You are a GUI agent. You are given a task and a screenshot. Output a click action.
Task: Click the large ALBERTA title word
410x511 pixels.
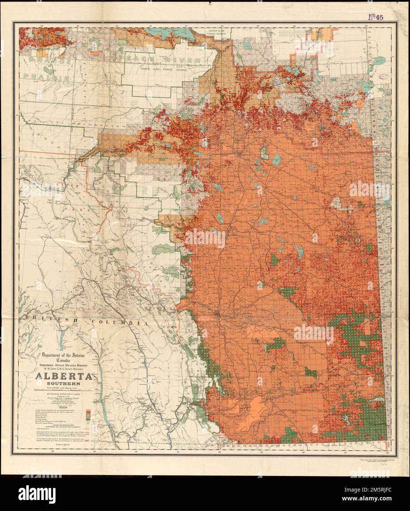pos(64,378)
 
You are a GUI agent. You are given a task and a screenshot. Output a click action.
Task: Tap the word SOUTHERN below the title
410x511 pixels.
pos(64,385)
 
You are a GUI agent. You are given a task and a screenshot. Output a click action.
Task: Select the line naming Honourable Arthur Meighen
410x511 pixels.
pos(64,365)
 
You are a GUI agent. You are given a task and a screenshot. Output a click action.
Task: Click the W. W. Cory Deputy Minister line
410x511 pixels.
pos(64,369)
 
